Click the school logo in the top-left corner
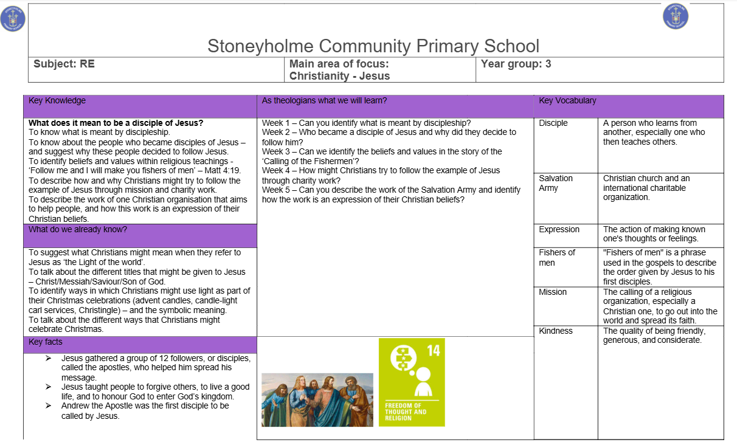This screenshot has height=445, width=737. (x=13, y=18)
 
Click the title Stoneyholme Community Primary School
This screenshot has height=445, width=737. (x=373, y=46)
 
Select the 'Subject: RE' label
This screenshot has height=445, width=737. (x=64, y=64)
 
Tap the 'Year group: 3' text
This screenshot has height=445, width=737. (x=516, y=64)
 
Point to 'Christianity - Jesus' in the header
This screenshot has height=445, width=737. (x=339, y=76)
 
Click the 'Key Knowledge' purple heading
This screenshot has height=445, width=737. (x=57, y=101)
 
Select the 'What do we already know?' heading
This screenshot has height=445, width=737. (x=78, y=230)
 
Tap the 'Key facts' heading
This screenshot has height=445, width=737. (x=46, y=342)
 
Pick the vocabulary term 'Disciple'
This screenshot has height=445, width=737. (x=553, y=123)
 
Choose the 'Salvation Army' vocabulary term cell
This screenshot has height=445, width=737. (x=556, y=183)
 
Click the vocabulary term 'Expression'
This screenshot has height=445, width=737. (x=559, y=230)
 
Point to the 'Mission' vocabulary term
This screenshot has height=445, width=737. (x=552, y=292)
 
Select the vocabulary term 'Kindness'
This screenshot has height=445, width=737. (x=555, y=331)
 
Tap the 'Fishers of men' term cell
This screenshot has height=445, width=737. (x=556, y=257)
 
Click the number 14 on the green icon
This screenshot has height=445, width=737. (x=433, y=350)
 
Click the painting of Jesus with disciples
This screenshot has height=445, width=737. (x=317, y=399)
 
